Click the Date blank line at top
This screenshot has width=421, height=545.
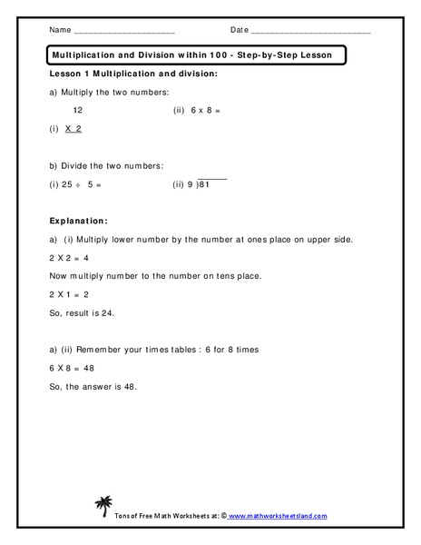(310, 32)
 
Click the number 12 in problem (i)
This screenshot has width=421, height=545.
(78, 111)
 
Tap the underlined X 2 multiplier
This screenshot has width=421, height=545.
(73, 129)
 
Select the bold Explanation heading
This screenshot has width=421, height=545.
(80, 221)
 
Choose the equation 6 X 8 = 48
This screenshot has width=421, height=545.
(73, 368)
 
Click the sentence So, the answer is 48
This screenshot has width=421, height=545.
(97, 387)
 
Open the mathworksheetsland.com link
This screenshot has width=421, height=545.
(280, 515)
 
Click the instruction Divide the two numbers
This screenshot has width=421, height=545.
(112, 165)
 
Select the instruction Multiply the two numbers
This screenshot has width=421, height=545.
(116, 92)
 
